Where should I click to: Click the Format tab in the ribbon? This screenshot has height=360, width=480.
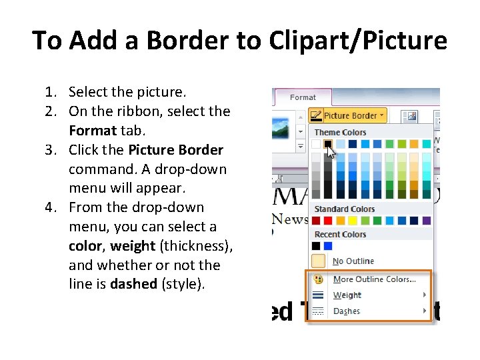click(x=303, y=97)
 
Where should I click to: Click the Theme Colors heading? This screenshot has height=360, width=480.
click(x=340, y=132)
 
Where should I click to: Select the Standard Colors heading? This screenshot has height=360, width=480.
click(x=344, y=209)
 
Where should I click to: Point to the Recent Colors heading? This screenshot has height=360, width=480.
click(x=340, y=234)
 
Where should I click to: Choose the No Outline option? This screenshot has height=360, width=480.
click(x=353, y=261)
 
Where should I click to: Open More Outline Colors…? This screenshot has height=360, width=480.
click(x=374, y=279)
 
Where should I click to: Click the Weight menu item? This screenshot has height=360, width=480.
click(x=347, y=295)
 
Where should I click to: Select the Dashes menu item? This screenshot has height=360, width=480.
click(x=346, y=311)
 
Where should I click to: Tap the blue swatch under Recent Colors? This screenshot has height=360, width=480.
click(x=328, y=246)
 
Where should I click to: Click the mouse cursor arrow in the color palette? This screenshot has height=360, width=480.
click(x=332, y=152)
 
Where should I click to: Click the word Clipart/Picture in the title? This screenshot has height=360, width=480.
click(x=358, y=41)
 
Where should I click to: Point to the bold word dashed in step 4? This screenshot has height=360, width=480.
click(x=133, y=284)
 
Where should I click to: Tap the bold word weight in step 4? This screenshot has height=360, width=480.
click(x=133, y=246)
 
